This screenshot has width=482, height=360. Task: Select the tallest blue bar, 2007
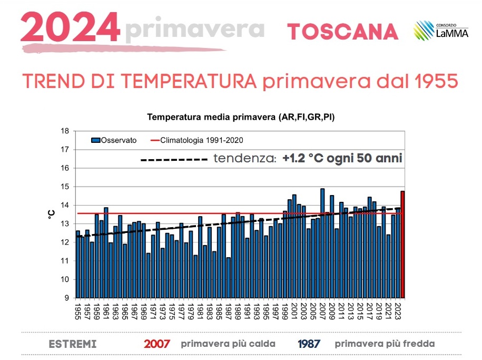coord(322,242)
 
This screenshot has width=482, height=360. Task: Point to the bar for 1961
coord(106,253)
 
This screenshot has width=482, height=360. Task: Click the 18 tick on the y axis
coord(65,131)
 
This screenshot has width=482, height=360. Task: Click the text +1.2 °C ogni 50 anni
coord(342,158)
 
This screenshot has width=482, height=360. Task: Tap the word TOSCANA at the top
coord(342,32)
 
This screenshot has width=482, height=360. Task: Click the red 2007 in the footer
coord(157,344)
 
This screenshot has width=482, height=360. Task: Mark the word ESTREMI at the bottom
coord(72,344)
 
